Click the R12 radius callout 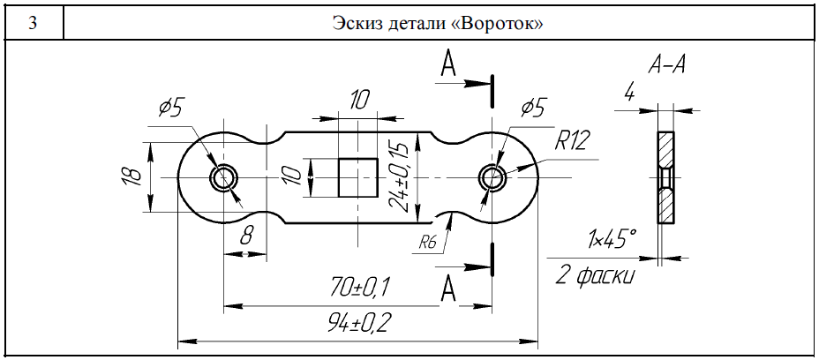[x=573, y=139]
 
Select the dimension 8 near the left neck [x=246, y=235]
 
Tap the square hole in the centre [x=359, y=177]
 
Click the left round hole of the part [x=222, y=177]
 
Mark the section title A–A [x=667, y=64]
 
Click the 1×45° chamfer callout [x=611, y=238]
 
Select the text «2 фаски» [x=595, y=275]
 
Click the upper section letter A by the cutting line [x=448, y=66]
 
